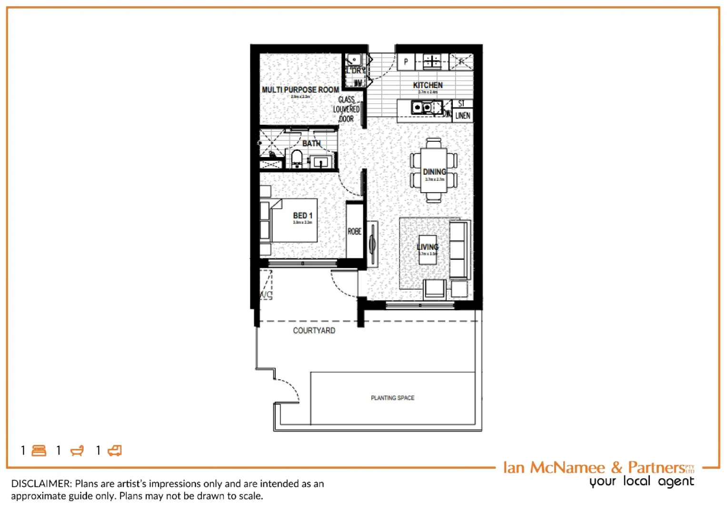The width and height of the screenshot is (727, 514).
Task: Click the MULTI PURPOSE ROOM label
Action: (300, 89)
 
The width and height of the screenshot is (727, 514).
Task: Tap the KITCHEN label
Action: (428, 85)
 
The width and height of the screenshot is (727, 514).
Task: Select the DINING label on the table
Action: (434, 172)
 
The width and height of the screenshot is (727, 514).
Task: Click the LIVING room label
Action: (427, 247)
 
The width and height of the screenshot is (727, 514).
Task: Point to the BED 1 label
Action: (302, 216)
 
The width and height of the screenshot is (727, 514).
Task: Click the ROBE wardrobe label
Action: (354, 231)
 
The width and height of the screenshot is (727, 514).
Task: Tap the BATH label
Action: (311, 143)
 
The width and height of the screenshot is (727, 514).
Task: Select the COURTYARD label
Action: (314, 330)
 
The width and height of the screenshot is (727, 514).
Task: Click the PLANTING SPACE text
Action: (392, 398)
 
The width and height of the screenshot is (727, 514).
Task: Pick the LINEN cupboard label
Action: (462, 116)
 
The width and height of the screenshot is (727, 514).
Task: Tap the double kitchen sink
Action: (422, 108)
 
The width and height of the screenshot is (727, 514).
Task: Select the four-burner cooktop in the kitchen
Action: (432, 61)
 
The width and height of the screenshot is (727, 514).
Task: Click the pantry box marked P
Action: (406, 61)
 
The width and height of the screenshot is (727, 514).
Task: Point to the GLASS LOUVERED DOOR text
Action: (347, 109)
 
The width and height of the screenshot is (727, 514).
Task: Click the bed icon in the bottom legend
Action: (39, 450)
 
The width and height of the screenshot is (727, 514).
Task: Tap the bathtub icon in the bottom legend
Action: (77, 450)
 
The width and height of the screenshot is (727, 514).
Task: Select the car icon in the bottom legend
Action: (115, 450)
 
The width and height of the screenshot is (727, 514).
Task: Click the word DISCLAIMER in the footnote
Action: (41, 484)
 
